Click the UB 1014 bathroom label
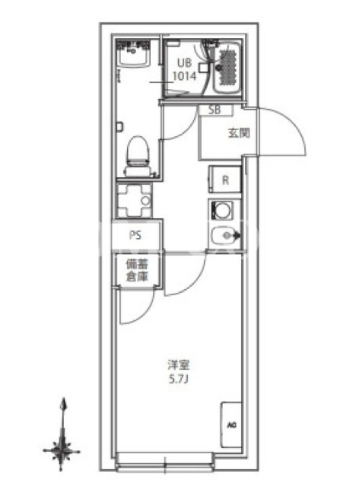[184, 70]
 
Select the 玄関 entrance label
[239, 133]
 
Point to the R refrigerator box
[225, 179]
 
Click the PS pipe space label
[136, 235]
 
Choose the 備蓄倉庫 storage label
[137, 271]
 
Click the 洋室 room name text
[179, 365]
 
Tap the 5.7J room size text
[178, 380]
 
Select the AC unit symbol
[232, 425]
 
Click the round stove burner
[221, 210]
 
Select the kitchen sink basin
[223, 235]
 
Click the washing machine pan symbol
[134, 200]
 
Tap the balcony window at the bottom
[166, 462]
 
